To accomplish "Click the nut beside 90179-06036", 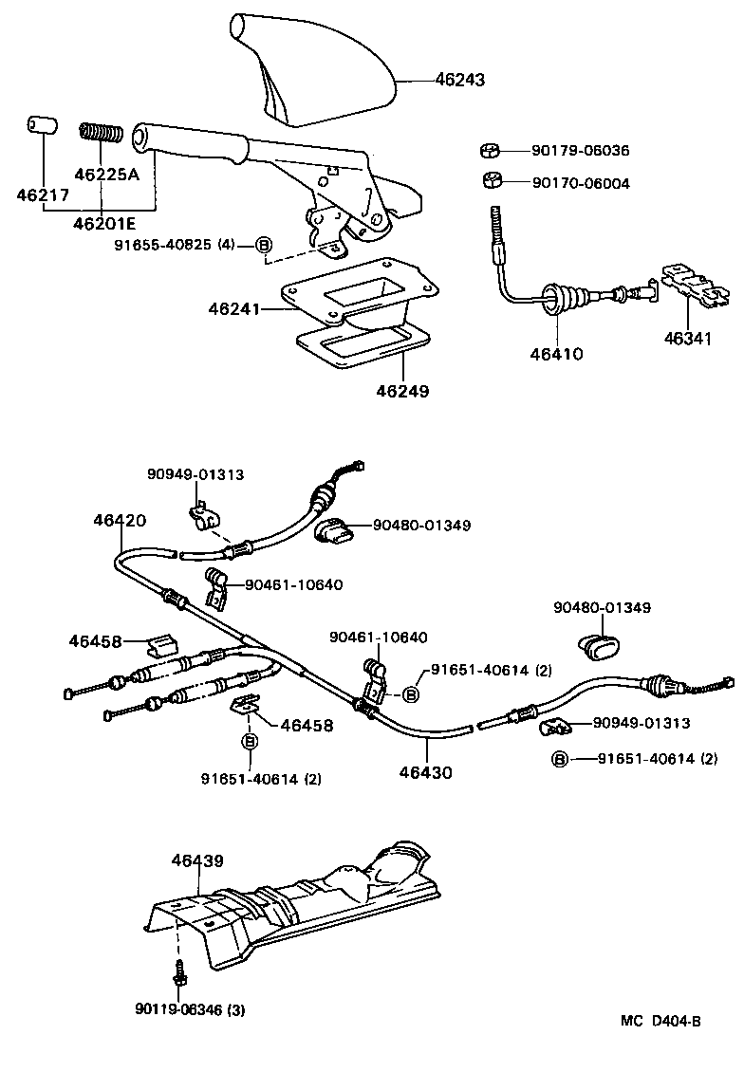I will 490,151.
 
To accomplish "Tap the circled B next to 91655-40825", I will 265,245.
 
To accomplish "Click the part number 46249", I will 401,390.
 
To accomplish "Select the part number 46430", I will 426,772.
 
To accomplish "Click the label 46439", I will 197,860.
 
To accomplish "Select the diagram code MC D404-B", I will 660,1021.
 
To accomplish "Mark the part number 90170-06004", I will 580,183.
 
